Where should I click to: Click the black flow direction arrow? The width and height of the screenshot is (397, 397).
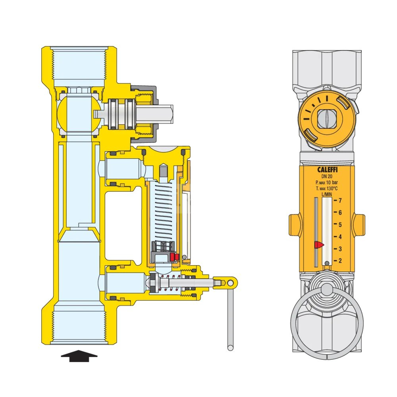79,356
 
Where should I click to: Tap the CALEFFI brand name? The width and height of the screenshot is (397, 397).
328,170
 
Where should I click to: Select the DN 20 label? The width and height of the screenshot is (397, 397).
327,177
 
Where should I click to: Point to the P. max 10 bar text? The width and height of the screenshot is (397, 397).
327,182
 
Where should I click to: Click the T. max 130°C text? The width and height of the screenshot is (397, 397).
327,188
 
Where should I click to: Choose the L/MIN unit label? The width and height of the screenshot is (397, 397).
327,194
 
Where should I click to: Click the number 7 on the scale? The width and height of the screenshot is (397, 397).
340,200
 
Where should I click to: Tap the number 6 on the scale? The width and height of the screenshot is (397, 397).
340,213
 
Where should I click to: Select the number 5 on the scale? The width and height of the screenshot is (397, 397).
340,225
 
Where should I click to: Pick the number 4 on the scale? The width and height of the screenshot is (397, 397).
340,237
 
